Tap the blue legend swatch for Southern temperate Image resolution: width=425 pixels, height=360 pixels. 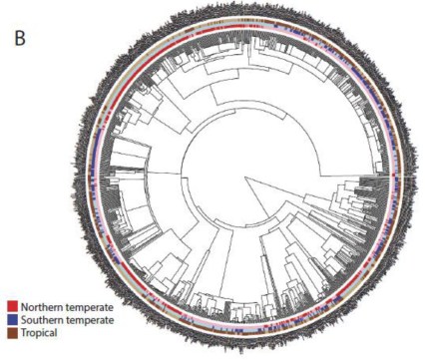(x=11, y=319)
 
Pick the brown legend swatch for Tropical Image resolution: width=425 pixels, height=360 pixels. (x=11, y=332)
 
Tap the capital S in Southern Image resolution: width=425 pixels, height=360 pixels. (x=21, y=319)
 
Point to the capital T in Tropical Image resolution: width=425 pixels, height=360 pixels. (x=21, y=332)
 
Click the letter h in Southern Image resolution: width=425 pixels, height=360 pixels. (x=47, y=319)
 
